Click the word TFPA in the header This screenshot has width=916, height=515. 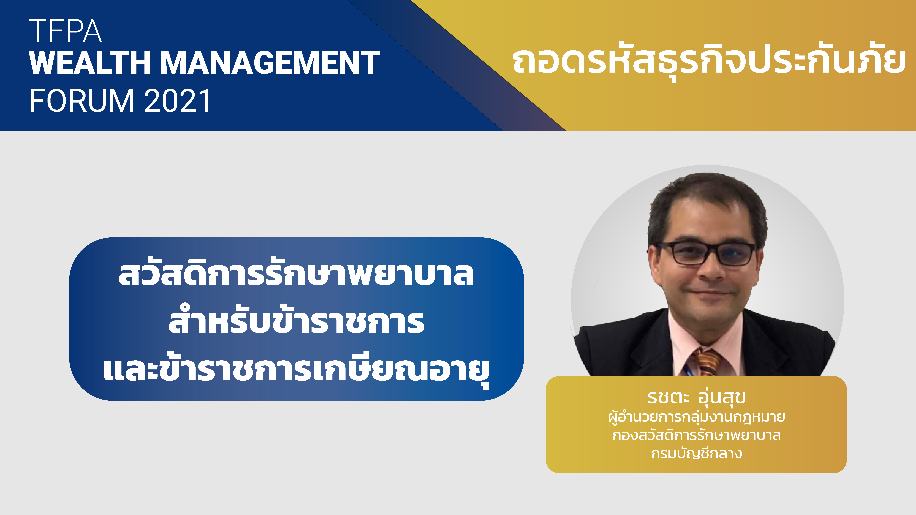tap(65, 31)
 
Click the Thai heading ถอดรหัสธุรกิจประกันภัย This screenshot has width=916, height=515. tap(709, 62)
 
